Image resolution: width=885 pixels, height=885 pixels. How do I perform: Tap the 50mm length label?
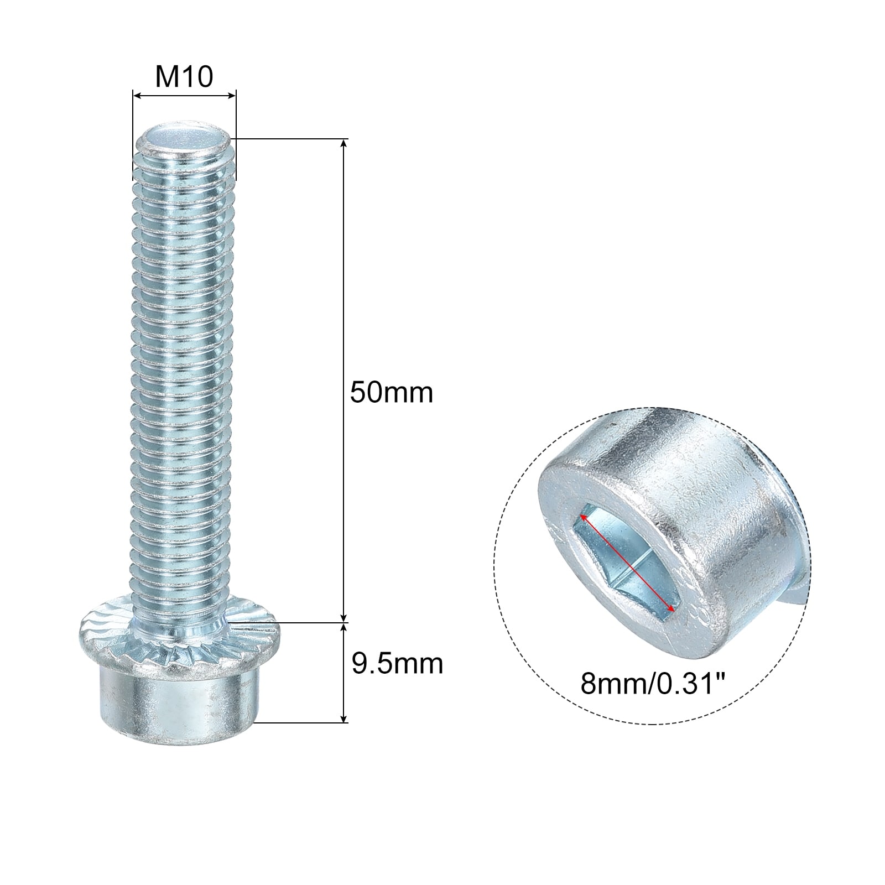[x=392, y=392]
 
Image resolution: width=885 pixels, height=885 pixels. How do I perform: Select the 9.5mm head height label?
[x=397, y=663]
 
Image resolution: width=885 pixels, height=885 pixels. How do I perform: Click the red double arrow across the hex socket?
[x=627, y=563]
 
